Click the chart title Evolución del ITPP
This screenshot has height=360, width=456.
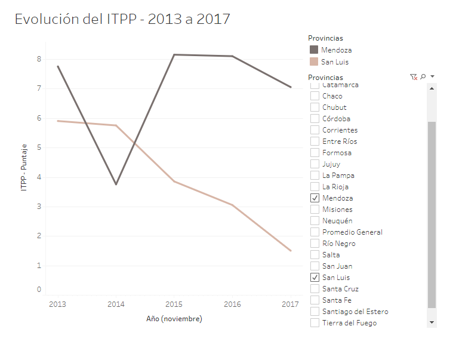pyautogui.click(x=122, y=19)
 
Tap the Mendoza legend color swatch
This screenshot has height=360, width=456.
pyautogui.click(x=314, y=50)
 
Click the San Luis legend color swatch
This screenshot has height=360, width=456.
pyautogui.click(x=314, y=61)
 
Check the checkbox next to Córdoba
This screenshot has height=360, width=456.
pyautogui.click(x=315, y=119)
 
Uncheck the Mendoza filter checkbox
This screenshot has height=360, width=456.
pyautogui.click(x=315, y=198)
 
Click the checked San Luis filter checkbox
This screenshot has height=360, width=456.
pyautogui.click(x=315, y=278)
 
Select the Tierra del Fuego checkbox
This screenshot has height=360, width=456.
pyautogui.click(x=315, y=323)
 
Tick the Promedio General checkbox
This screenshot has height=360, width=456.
pyautogui.click(x=315, y=232)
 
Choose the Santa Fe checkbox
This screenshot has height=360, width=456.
pyautogui.click(x=315, y=300)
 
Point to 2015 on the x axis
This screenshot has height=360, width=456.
pyautogui.click(x=174, y=304)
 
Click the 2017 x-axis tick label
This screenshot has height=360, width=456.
pyautogui.click(x=290, y=304)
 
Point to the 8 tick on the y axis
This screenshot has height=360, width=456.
pyautogui.click(x=39, y=59)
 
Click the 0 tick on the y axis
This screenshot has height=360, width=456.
pyautogui.click(x=39, y=290)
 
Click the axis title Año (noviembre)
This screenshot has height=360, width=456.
pyautogui.click(x=174, y=319)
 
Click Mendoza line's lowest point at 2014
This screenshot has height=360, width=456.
pyautogui.click(x=116, y=184)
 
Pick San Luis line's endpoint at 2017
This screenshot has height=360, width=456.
pyautogui.click(x=291, y=251)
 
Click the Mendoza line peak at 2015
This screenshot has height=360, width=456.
pyautogui.click(x=174, y=55)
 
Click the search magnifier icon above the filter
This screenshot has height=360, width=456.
pyautogui.click(x=423, y=77)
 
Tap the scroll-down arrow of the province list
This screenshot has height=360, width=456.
pyautogui.click(x=432, y=322)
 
